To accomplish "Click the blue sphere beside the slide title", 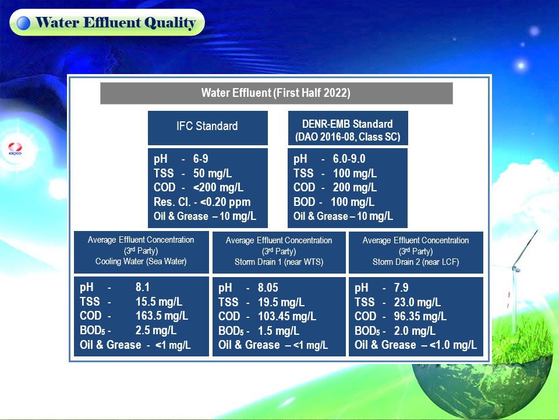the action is [23, 23].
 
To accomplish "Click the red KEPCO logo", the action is [15, 148].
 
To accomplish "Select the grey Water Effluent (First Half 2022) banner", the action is [276, 93].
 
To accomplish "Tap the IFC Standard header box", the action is [207, 128].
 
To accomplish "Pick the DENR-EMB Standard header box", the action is [348, 128].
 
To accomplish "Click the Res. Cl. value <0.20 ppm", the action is [225, 202].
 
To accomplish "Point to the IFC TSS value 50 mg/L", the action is [213, 173].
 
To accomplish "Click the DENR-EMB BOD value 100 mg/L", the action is [353, 202].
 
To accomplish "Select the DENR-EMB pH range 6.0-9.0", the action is [349, 159].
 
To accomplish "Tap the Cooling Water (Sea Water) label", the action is [141, 261].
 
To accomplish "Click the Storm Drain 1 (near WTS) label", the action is [279, 262].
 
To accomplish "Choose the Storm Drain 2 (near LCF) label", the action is [416, 262].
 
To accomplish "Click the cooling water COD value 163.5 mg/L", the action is [162, 316].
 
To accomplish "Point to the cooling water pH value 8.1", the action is [143, 287].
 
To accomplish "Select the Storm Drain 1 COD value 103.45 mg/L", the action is [287, 316].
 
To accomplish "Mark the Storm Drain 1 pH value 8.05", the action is [268, 288].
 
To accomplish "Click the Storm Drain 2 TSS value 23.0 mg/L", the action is [417, 302].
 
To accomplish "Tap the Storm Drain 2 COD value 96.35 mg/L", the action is [420, 316].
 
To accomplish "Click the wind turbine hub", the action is [514, 268].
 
